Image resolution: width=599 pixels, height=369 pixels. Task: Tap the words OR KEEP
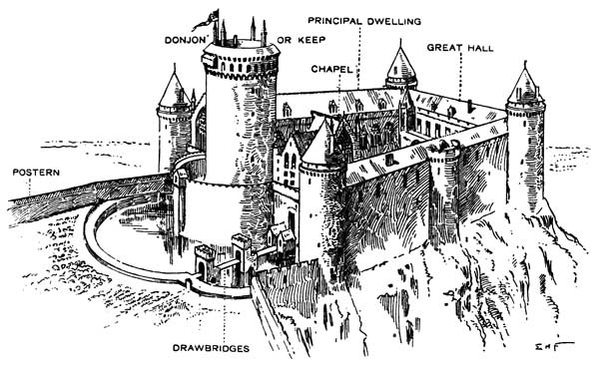click(301, 39)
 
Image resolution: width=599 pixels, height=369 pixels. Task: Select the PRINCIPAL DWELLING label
click(364, 21)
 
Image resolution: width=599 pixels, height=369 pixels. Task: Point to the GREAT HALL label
click(460, 48)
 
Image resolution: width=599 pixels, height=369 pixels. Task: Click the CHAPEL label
click(331, 69)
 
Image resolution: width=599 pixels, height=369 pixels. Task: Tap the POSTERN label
click(36, 173)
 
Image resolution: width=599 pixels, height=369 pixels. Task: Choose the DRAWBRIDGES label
click(211, 348)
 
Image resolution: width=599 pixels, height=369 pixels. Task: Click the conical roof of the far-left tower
click(175, 91)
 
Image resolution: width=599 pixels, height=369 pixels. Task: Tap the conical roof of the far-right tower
click(525, 85)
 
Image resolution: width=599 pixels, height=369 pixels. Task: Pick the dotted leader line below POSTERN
click(29, 187)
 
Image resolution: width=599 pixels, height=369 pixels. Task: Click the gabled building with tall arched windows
click(287, 165)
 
